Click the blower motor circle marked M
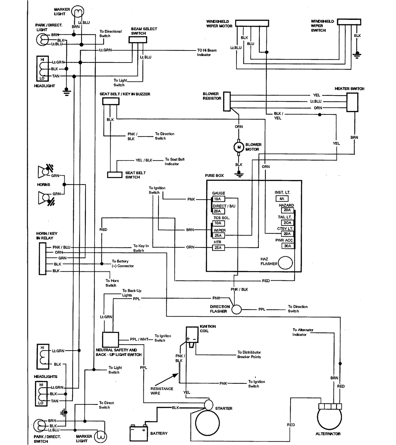(239, 147)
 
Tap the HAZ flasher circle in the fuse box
(285, 263)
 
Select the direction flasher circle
(236, 309)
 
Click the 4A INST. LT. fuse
(282, 199)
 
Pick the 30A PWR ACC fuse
(287, 246)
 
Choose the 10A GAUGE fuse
(218, 199)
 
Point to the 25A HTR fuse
(218, 247)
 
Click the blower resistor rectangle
(227, 101)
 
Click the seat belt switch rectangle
(115, 175)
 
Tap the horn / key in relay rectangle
(43, 259)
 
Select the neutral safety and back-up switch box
(110, 340)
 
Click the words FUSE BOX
(214, 176)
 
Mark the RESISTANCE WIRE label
(162, 391)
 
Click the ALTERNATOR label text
(328, 434)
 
